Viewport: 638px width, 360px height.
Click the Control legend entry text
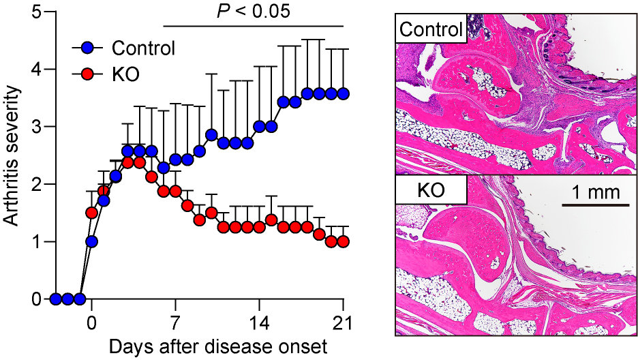pyautogui.click(x=144, y=48)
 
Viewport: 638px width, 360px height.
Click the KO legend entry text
pyautogui.click(x=125, y=74)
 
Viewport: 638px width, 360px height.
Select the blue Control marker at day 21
pyautogui.click(x=343, y=93)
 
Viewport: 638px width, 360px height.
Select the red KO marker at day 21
pyautogui.click(x=343, y=241)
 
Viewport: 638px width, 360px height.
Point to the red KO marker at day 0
pyautogui.click(x=91, y=213)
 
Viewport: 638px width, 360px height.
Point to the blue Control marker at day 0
pyautogui.click(x=91, y=241)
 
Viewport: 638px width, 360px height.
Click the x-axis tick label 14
pyautogui.click(x=260, y=322)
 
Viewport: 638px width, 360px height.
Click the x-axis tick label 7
pyautogui.click(x=176, y=322)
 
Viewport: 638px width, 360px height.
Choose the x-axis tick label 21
pyautogui.click(x=343, y=322)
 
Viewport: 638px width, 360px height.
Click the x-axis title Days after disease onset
pyautogui.click(x=217, y=346)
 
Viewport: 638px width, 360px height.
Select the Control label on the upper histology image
pyautogui.click(x=431, y=31)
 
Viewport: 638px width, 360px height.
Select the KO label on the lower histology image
pyautogui.click(x=431, y=192)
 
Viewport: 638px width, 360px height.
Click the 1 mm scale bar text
pyautogui.click(x=592, y=192)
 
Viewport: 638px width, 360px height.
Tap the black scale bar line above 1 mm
pyautogui.click(x=592, y=204)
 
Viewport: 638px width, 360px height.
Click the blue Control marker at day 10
pyautogui.click(x=211, y=134)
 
